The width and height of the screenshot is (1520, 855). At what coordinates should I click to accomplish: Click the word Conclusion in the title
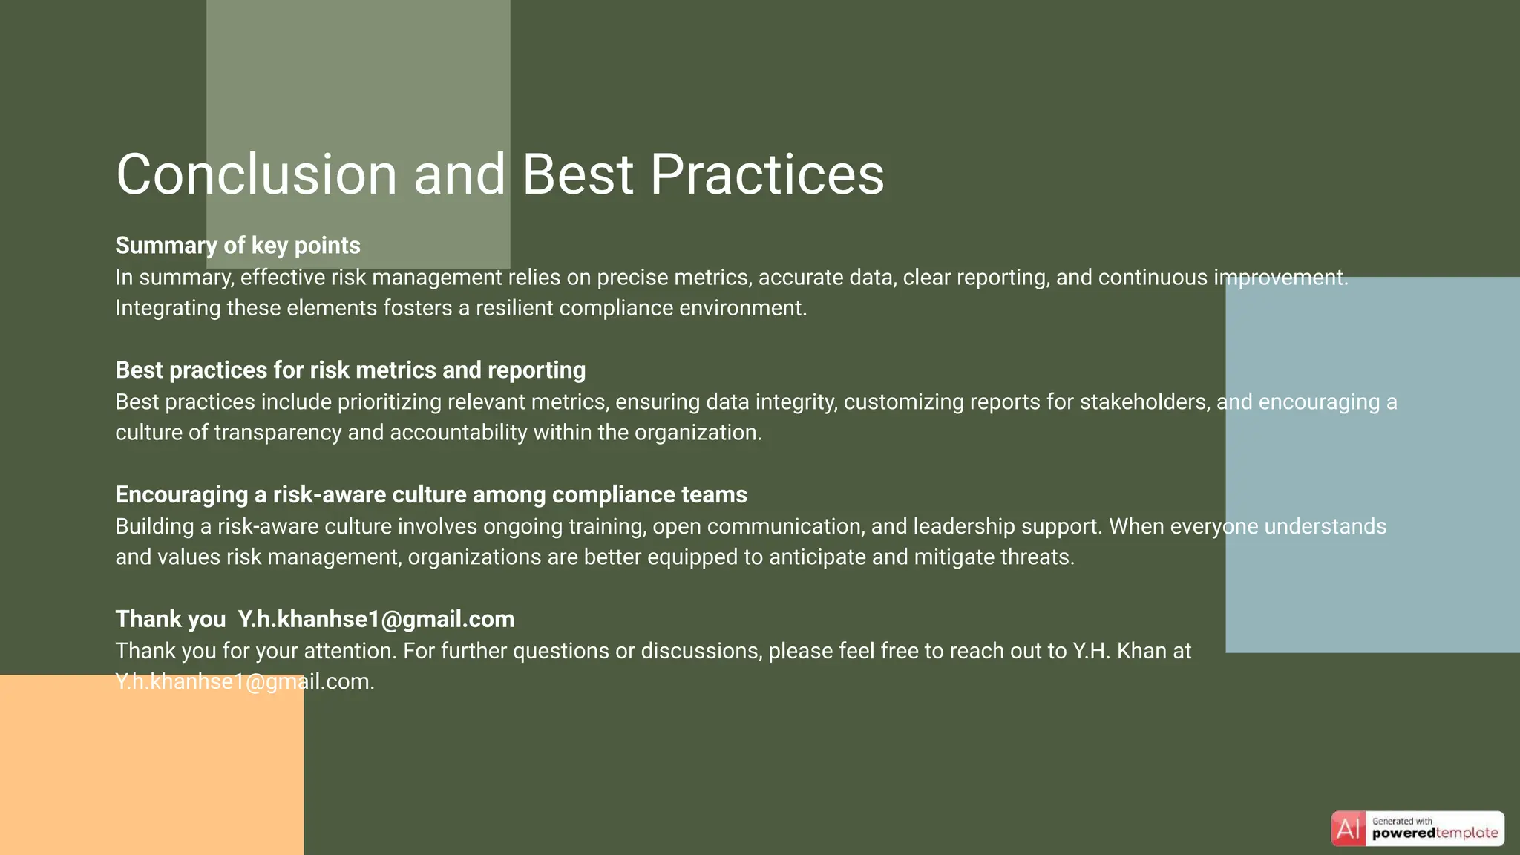(x=257, y=174)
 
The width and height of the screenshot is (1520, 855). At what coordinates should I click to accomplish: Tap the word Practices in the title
(x=767, y=174)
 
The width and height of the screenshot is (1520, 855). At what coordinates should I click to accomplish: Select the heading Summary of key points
(x=237, y=246)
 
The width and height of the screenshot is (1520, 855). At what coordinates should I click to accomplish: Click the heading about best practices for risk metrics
(x=350, y=370)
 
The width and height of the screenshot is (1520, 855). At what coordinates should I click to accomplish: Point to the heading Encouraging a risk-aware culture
(x=430, y=495)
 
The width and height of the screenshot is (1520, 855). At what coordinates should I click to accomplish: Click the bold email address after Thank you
(x=376, y=619)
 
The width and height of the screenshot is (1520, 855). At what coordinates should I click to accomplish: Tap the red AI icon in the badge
(x=1348, y=828)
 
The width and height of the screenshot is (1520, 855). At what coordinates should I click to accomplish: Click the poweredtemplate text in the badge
(x=1435, y=833)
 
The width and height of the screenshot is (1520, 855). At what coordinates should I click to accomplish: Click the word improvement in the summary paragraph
(x=1280, y=278)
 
